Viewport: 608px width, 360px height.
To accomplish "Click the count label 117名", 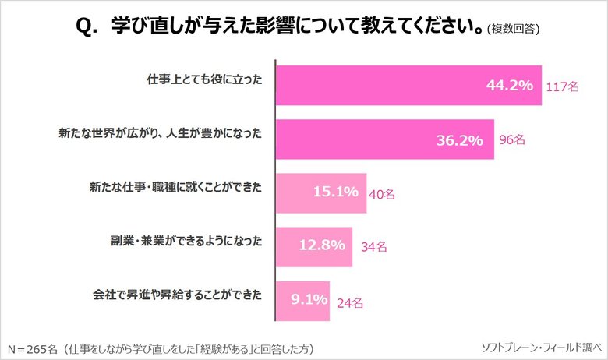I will point(562,87).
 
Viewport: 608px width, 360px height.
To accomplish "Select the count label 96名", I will point(512,140).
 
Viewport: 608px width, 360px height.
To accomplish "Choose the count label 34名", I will point(374,247).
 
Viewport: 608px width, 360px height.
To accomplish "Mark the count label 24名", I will point(351,300).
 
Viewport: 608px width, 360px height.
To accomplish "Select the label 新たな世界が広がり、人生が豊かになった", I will point(161,135).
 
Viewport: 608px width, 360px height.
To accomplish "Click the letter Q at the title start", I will point(83,27).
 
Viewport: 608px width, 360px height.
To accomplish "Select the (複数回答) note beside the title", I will point(513,30).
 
